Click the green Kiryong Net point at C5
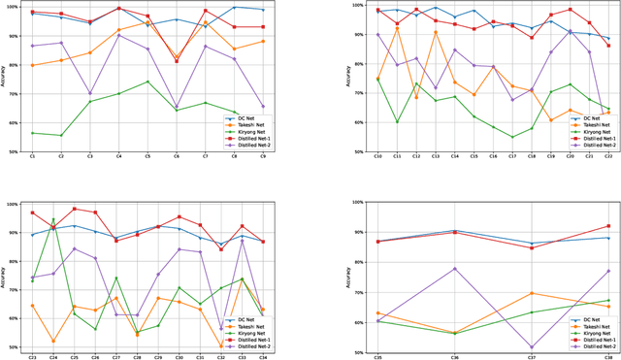pyautogui.click(x=147, y=82)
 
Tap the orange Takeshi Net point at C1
pyautogui.click(x=32, y=65)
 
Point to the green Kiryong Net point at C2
pyautogui.click(x=61, y=135)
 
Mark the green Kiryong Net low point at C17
pyautogui.click(x=512, y=137)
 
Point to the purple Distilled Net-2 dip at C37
pyautogui.click(x=531, y=346)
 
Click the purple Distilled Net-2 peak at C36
pyautogui.click(x=455, y=269)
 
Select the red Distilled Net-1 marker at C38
pyautogui.click(x=607, y=226)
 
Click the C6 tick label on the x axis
pyautogui.click(x=176, y=156)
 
